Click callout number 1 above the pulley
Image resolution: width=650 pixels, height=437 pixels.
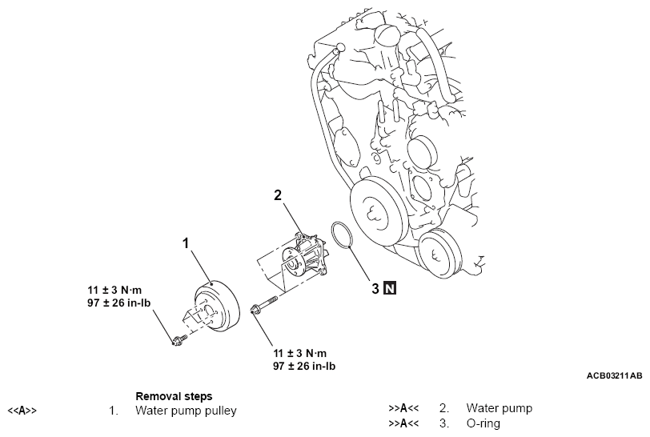(x=186, y=243)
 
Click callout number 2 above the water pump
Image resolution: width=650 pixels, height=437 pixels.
(x=278, y=194)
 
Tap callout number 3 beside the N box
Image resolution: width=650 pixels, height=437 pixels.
(x=375, y=288)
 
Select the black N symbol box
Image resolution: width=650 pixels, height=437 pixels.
(x=390, y=288)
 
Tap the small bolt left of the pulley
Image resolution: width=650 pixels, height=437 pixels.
(x=179, y=340)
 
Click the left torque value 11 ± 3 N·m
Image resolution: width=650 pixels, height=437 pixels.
(x=114, y=290)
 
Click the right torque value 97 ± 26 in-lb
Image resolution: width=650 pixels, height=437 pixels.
(x=304, y=366)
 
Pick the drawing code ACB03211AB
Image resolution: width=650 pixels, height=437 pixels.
(x=614, y=375)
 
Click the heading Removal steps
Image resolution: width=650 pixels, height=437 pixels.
(x=175, y=396)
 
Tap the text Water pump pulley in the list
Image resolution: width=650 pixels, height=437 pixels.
(x=187, y=411)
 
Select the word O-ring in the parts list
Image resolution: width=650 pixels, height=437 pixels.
(x=483, y=423)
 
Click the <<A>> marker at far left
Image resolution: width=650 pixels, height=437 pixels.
(x=22, y=411)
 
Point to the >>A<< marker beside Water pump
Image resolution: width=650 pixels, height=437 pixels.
(x=403, y=408)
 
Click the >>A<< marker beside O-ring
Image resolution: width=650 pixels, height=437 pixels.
(x=403, y=423)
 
